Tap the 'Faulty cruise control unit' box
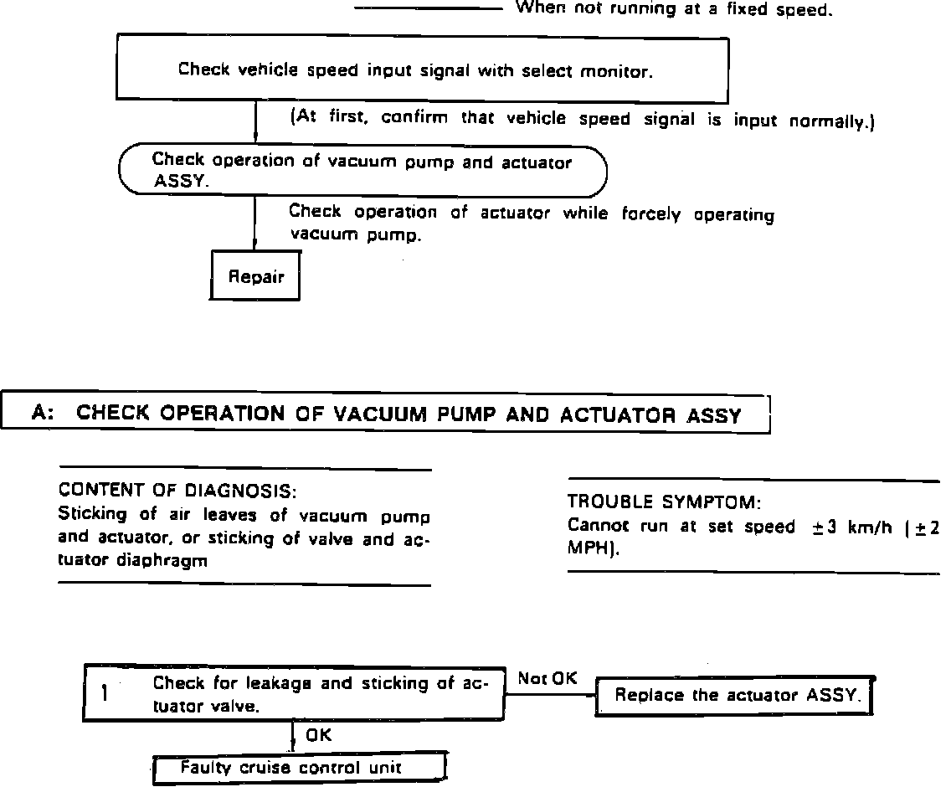(x=298, y=768)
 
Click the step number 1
(x=105, y=693)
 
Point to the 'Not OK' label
(x=547, y=679)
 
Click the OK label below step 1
(x=318, y=736)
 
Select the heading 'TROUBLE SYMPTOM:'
(x=664, y=502)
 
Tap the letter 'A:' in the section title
(x=44, y=414)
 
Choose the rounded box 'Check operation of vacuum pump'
(x=362, y=171)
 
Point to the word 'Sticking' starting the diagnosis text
(x=92, y=514)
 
